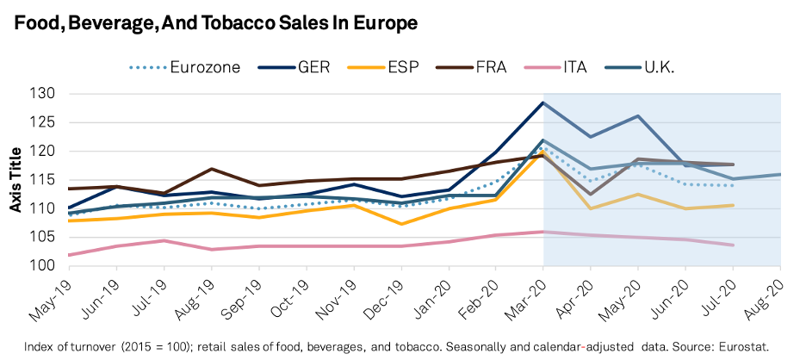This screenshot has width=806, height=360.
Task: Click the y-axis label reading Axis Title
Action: [15, 180]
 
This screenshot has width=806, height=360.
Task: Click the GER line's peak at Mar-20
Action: [542, 102]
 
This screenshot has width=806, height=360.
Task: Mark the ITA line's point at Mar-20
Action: [542, 232]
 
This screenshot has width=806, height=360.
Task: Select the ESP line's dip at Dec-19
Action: [400, 224]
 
